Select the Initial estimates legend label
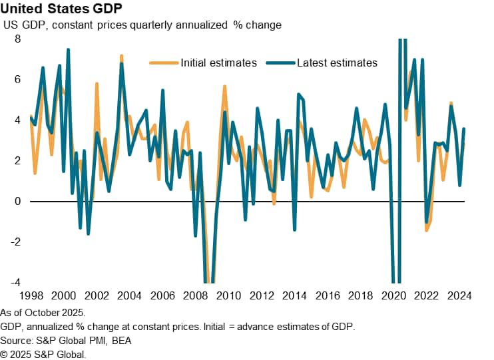pos(218,63)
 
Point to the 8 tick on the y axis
pos(18,39)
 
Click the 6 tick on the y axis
pos(18,79)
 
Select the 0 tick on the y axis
pos(18,201)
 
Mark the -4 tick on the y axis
pos(16,282)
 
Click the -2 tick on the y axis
pos(16,242)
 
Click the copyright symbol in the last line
pos(5,355)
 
